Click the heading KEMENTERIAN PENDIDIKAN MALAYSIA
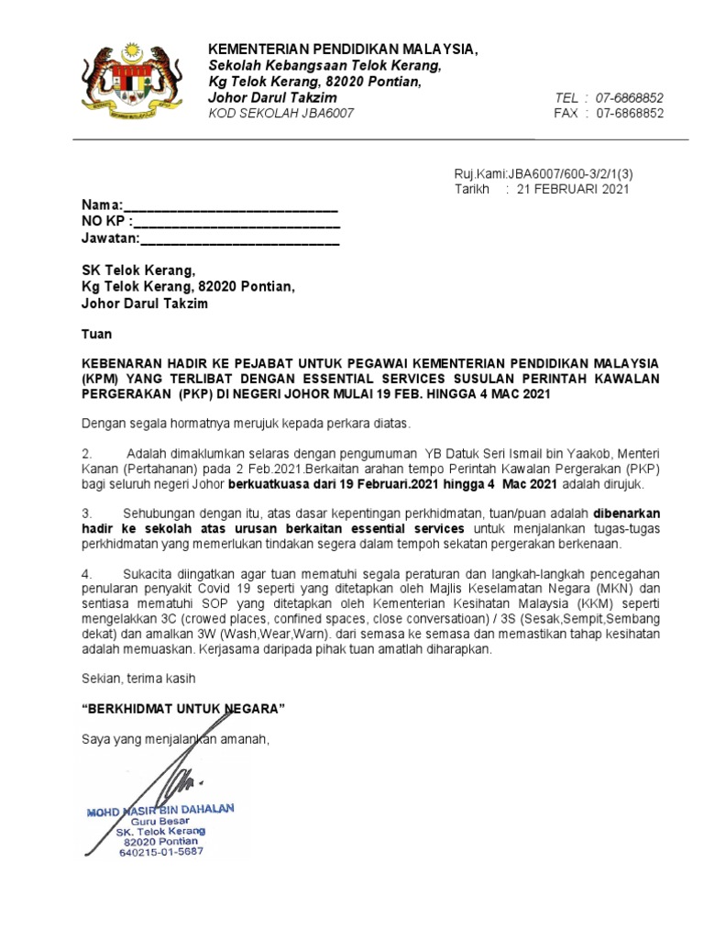point(344,49)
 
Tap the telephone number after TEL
point(630,97)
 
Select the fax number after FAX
point(630,113)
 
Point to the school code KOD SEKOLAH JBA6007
point(281,113)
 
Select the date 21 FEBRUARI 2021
point(573,189)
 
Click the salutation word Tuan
point(96,335)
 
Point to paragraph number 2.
point(87,453)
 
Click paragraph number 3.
point(87,513)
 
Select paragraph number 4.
point(87,573)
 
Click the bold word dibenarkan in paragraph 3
point(626,513)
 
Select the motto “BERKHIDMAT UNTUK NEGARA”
point(183,710)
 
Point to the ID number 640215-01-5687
point(161,852)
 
